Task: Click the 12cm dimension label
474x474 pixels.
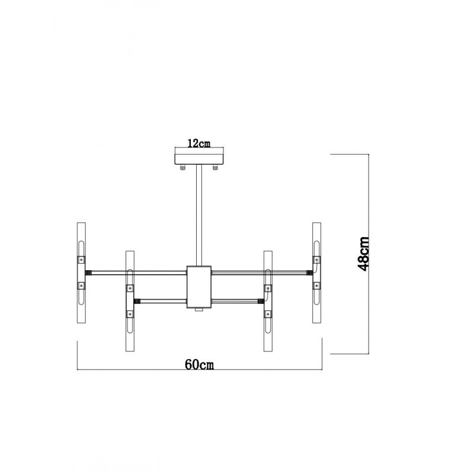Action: tap(198, 143)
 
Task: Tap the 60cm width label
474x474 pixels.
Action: tap(199, 364)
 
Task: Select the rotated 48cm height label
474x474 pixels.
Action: tap(363, 254)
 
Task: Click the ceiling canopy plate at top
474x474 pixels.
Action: tap(199, 159)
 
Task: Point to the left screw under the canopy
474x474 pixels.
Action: tap(183, 168)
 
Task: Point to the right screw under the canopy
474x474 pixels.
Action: tap(215, 168)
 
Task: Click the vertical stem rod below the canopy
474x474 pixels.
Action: tap(199, 215)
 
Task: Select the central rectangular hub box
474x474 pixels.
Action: tap(199, 287)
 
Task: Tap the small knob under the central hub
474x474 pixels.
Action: tap(198, 309)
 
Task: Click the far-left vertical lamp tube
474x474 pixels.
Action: tap(81, 274)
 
